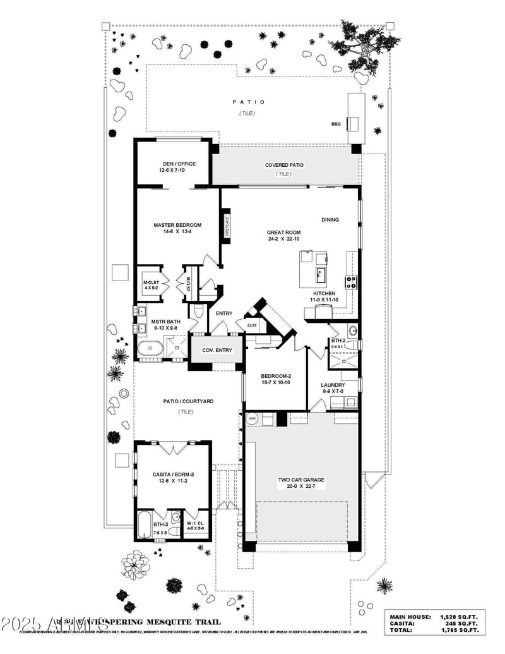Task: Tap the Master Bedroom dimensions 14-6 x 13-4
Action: [177, 232]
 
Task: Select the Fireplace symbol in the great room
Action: [225, 226]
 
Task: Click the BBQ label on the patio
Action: [336, 124]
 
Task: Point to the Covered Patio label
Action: [283, 165]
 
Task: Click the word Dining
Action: [330, 220]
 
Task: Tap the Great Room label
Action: [283, 233]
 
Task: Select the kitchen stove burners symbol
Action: [350, 282]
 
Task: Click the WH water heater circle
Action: [252, 418]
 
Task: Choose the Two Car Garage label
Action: [301, 480]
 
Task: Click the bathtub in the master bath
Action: [150, 348]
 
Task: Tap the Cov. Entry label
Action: [217, 349]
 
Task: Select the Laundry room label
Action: [333, 385]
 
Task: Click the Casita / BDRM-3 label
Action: [173, 474]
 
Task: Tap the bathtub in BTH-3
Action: [145, 525]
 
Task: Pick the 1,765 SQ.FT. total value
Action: [460, 630]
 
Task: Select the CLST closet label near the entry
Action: [251, 326]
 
